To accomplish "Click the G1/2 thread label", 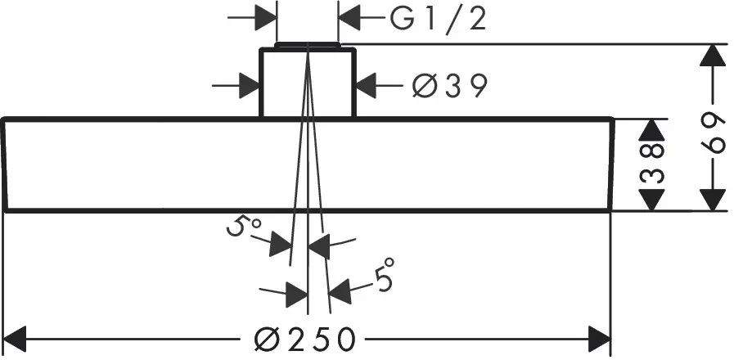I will (x=438, y=17).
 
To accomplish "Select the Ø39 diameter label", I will (x=449, y=84).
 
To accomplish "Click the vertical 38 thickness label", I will (x=652, y=164).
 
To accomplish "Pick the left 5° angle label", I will (x=240, y=227).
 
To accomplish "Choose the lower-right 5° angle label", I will (x=384, y=275).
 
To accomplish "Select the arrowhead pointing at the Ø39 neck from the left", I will (x=249, y=84).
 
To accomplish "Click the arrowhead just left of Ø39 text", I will (x=367, y=84).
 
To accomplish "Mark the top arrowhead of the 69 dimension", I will (x=714, y=56).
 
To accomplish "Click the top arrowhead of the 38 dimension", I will (x=652, y=130).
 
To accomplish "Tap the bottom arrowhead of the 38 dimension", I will (x=652, y=200).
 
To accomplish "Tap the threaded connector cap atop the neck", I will (x=307, y=45).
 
